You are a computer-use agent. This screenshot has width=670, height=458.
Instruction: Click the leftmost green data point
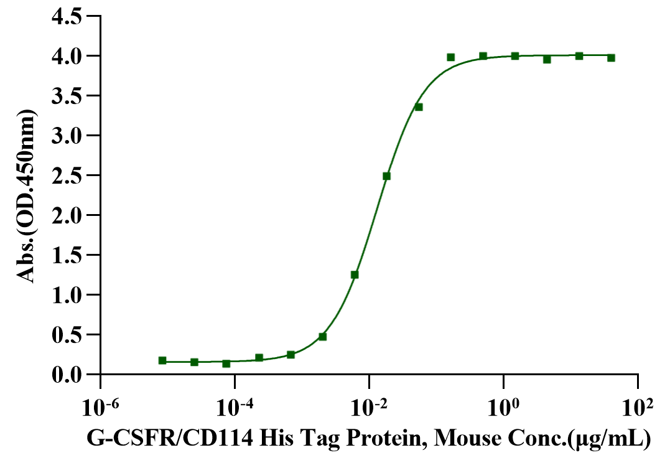click(162, 360)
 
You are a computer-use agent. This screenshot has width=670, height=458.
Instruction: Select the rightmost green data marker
click(611, 58)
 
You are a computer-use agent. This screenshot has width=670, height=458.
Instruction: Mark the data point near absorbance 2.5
click(386, 176)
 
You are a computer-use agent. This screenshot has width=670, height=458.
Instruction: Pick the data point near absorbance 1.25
click(355, 274)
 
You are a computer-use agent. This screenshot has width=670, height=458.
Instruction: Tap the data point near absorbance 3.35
click(419, 107)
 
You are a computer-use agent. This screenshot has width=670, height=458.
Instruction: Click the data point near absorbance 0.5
click(322, 337)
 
